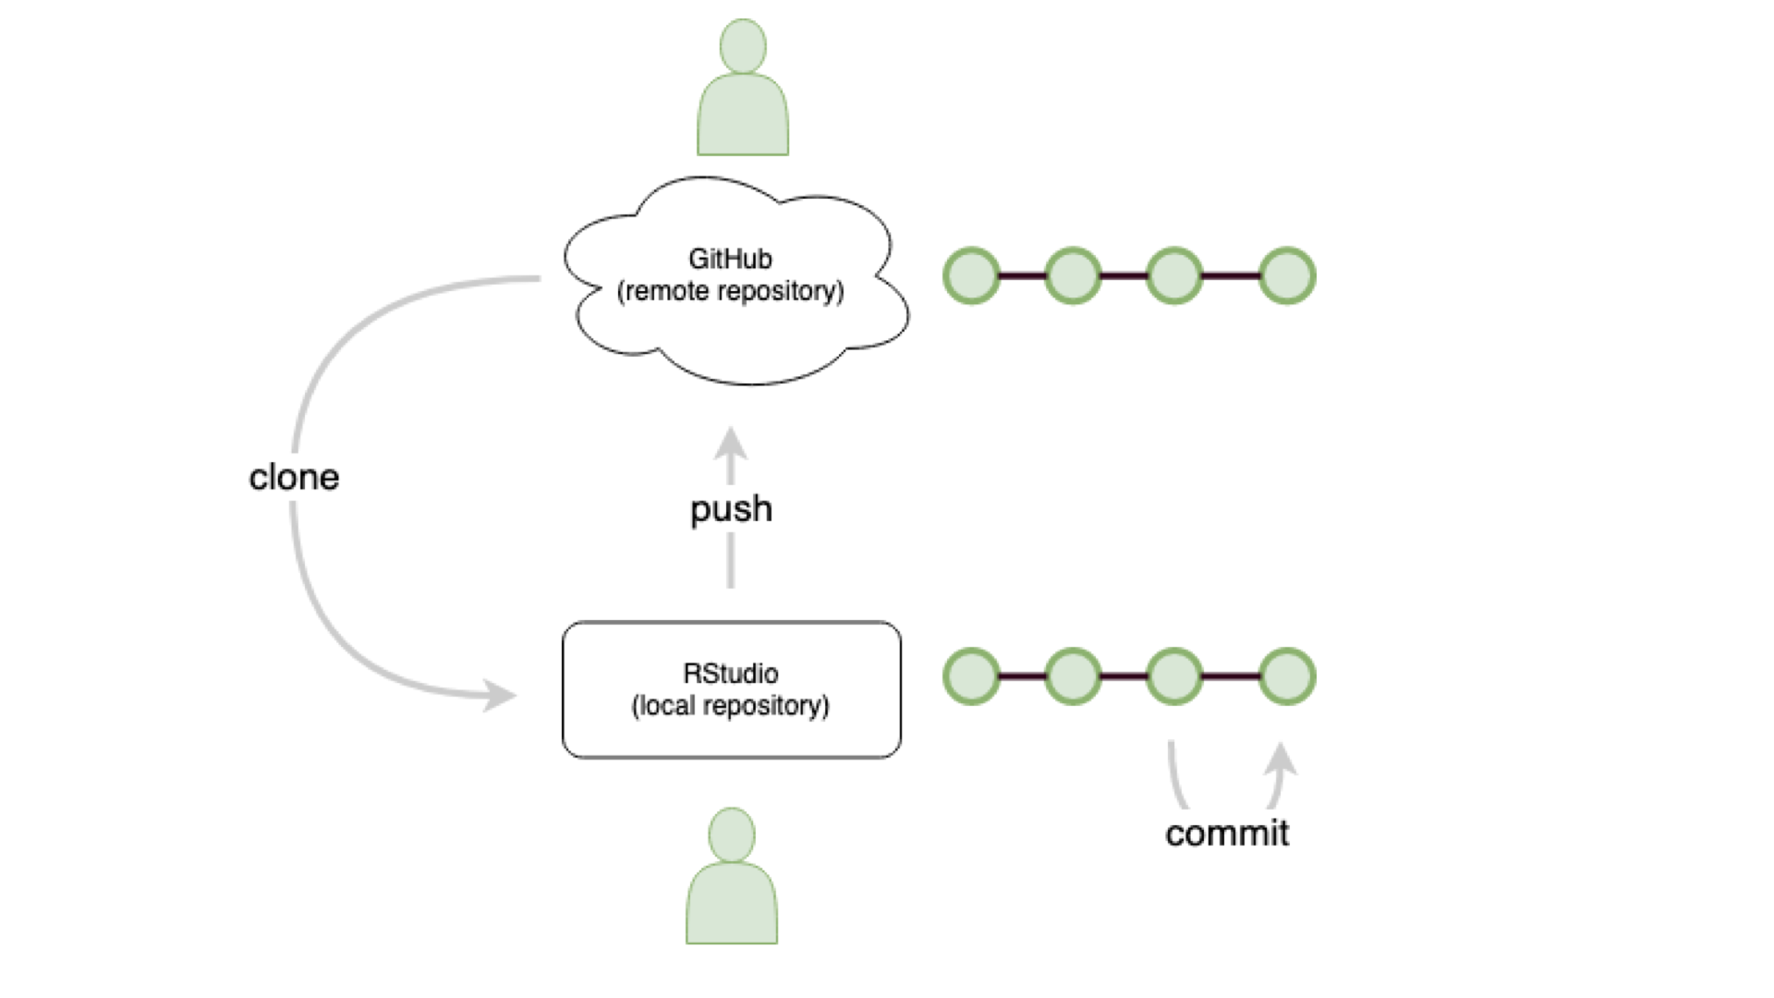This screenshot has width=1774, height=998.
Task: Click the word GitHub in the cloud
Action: point(730,259)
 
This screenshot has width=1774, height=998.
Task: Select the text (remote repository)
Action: point(730,291)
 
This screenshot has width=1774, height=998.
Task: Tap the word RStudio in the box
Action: point(730,673)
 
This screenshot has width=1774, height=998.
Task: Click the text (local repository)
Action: point(730,706)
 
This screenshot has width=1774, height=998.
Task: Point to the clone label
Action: point(294,477)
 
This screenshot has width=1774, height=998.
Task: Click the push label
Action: point(731,509)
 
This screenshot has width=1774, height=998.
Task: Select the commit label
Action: point(1226,833)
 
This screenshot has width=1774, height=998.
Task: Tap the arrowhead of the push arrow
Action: point(731,444)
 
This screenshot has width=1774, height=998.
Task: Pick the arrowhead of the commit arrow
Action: point(1281,760)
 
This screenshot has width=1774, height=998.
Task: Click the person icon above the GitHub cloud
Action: point(743,92)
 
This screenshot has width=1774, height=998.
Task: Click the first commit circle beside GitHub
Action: point(971,275)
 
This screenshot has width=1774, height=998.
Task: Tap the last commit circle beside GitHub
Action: point(1287,275)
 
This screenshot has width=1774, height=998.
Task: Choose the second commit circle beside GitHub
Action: point(1073,275)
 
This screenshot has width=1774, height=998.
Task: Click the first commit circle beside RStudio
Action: point(971,676)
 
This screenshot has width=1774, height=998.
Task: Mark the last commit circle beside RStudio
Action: point(1287,676)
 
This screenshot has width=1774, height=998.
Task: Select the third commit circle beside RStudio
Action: point(1173,676)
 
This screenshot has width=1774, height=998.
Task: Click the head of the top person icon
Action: point(743,45)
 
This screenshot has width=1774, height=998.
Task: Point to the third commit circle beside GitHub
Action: point(1173,275)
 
